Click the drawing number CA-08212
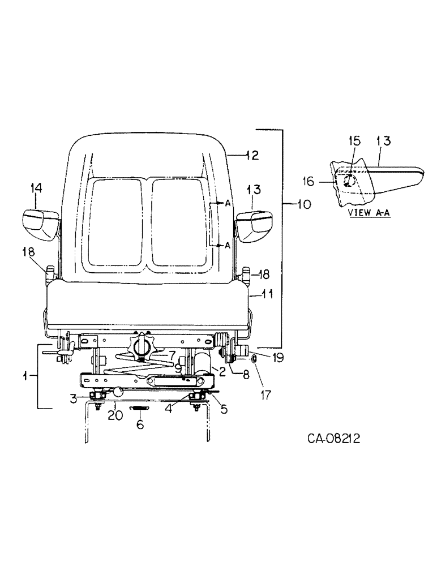pos(335,439)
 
